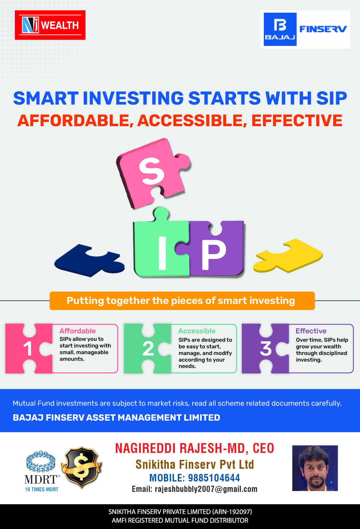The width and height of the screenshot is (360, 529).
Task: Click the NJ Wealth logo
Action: [x=50, y=25]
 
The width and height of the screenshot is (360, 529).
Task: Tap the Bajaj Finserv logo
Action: [x=305, y=29]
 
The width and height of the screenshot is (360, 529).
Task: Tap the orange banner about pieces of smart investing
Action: [x=182, y=301]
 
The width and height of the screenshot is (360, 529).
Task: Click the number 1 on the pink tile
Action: [x=28, y=349]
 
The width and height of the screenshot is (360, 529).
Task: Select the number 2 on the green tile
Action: [x=148, y=349]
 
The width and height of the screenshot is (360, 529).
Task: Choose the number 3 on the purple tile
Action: [x=266, y=349]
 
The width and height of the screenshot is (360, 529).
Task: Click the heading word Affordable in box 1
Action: [x=77, y=331]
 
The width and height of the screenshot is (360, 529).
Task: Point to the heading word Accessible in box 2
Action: [x=197, y=331]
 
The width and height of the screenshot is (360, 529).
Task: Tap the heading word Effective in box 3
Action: [x=311, y=331]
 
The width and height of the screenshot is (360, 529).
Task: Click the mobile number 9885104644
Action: [x=214, y=478]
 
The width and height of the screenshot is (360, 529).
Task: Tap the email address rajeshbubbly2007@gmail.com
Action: [x=206, y=489]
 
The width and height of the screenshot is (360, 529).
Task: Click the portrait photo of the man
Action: [x=315, y=468]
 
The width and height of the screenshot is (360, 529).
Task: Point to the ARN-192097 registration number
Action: [x=232, y=512]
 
